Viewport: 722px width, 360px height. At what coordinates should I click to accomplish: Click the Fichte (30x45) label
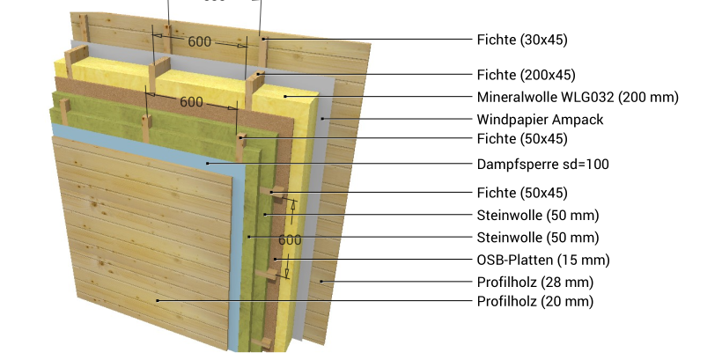click(x=522, y=40)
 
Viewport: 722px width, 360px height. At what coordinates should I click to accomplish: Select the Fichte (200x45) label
click(x=526, y=75)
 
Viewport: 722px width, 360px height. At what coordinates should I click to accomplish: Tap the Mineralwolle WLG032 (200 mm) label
click(x=578, y=97)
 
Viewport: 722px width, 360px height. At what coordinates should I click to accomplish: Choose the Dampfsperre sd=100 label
click(x=543, y=164)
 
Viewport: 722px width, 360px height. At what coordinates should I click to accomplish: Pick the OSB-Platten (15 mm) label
click(x=543, y=261)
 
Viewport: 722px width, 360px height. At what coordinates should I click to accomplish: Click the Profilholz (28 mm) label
click(x=535, y=282)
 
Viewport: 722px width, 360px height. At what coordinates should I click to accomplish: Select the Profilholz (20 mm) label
click(x=535, y=301)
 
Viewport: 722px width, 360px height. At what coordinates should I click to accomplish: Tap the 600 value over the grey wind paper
click(x=199, y=42)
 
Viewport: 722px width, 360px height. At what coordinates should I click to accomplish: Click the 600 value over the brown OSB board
click(x=191, y=102)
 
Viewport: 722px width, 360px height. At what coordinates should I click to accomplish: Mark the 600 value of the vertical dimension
click(x=290, y=239)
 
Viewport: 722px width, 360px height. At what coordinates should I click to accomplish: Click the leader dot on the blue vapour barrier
click(x=208, y=163)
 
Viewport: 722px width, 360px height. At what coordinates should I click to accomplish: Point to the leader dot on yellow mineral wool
click(x=285, y=96)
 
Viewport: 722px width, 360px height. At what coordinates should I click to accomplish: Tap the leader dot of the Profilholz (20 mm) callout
click(x=158, y=301)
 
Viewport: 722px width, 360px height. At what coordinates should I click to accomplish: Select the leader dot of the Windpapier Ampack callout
click(x=323, y=119)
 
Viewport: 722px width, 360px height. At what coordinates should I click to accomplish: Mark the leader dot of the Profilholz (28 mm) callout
click(x=322, y=282)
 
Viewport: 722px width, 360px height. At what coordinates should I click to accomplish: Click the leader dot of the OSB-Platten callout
click(x=276, y=259)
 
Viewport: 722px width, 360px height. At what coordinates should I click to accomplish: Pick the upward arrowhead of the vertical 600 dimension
click(x=292, y=205)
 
